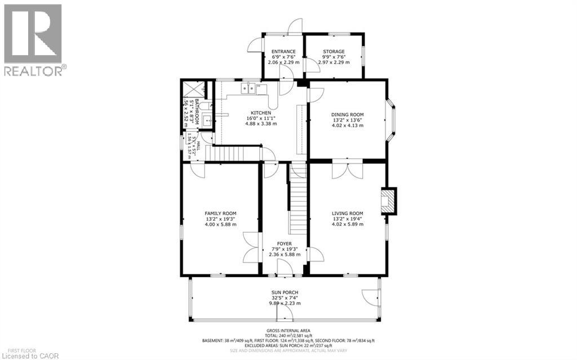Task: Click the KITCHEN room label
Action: [x=261, y=113]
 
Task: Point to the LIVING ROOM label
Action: [x=347, y=213]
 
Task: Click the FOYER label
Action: [x=284, y=243]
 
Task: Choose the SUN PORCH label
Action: [x=284, y=292]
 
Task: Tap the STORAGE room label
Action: [x=334, y=52]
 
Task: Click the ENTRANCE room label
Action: [x=283, y=52]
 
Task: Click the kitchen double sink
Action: [x=248, y=88]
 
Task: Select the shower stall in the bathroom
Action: [x=191, y=90]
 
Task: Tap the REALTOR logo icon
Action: [x=33, y=33]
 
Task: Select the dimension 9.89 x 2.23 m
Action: [x=284, y=303]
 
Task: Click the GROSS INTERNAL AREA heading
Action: [x=288, y=331]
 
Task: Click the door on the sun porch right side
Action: [x=371, y=298]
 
